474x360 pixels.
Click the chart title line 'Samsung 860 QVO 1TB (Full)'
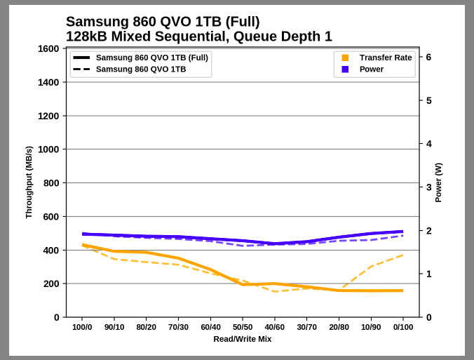(x=163, y=22)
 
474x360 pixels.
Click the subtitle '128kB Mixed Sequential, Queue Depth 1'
(x=198, y=36)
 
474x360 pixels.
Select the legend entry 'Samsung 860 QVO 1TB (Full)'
(x=151, y=58)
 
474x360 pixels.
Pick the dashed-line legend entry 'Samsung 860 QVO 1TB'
(x=141, y=69)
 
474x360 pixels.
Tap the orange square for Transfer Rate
(x=345, y=58)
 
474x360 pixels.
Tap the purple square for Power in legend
(x=345, y=69)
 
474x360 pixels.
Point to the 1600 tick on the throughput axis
(x=48, y=48)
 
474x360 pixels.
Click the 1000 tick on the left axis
(x=48, y=149)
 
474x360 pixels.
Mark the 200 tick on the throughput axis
(x=51, y=284)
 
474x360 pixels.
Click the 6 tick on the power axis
(x=428, y=58)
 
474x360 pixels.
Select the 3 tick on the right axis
(x=428, y=187)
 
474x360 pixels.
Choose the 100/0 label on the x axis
(x=83, y=327)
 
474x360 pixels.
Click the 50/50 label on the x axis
(x=243, y=327)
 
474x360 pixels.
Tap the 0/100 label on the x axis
(x=402, y=327)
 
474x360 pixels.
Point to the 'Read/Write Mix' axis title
(x=243, y=339)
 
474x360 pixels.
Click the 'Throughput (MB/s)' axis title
(x=29, y=182)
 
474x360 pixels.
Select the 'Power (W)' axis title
(x=438, y=182)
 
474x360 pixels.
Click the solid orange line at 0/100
(x=402, y=291)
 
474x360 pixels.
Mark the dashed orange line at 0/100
(x=402, y=255)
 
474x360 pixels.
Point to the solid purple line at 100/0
(x=83, y=234)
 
